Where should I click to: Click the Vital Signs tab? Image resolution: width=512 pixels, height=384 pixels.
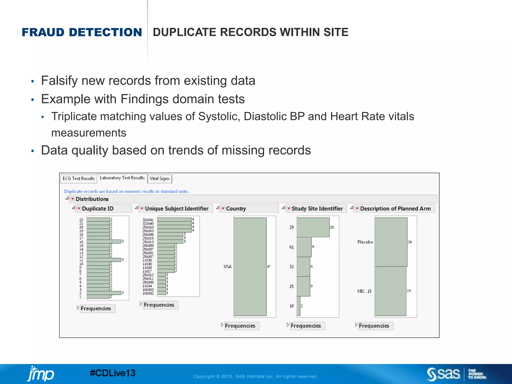click(160, 178)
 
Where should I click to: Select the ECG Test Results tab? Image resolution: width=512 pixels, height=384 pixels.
click(78, 178)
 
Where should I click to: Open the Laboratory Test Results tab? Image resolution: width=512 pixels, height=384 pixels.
click(122, 178)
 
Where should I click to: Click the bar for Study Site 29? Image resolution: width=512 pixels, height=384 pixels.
click(313, 227)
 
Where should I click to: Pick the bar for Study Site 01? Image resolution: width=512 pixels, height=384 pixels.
click(304, 247)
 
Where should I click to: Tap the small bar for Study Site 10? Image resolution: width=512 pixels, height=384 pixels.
click(298, 306)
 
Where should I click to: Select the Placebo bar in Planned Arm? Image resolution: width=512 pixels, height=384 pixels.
click(391, 242)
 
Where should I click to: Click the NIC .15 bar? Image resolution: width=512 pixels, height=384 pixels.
click(390, 291)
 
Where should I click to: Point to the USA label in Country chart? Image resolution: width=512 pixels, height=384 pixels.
click(227, 266)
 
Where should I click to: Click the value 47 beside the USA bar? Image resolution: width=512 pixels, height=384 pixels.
click(269, 266)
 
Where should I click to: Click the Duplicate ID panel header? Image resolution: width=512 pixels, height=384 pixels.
click(98, 208)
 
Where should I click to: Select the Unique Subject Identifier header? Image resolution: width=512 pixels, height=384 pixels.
click(176, 208)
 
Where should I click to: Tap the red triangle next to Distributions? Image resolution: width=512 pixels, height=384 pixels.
click(73, 199)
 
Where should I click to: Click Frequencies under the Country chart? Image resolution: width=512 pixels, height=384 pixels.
click(240, 326)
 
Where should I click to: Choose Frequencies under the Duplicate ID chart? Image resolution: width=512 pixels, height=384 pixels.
click(96, 308)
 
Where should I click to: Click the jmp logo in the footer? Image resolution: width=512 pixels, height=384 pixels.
click(40, 374)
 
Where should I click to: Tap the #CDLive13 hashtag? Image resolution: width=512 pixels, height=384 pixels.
click(112, 373)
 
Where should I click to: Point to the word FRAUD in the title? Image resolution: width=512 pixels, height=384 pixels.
click(43, 32)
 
